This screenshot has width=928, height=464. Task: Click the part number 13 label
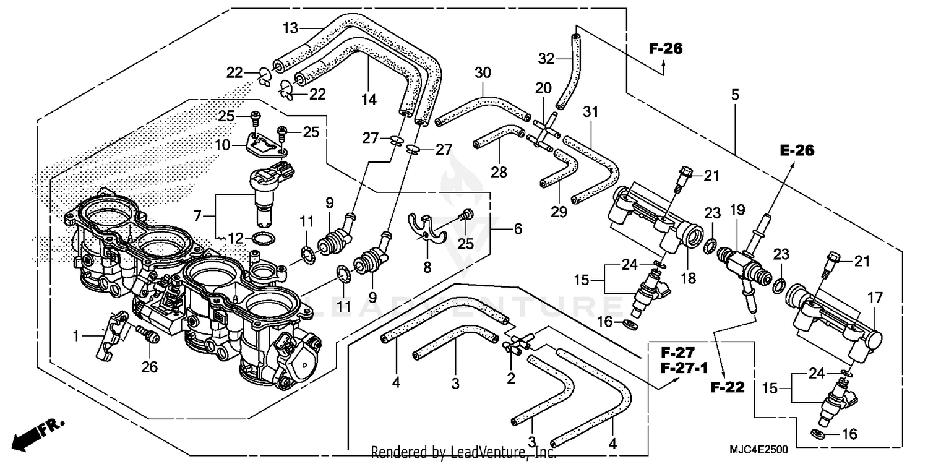[291, 28]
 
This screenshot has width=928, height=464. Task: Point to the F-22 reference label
[728, 388]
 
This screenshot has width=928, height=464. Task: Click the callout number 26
[149, 367]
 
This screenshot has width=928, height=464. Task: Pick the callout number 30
[483, 73]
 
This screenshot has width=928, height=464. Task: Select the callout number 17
[876, 298]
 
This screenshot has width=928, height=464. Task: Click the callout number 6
[518, 229]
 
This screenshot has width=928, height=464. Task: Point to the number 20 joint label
[543, 88]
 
